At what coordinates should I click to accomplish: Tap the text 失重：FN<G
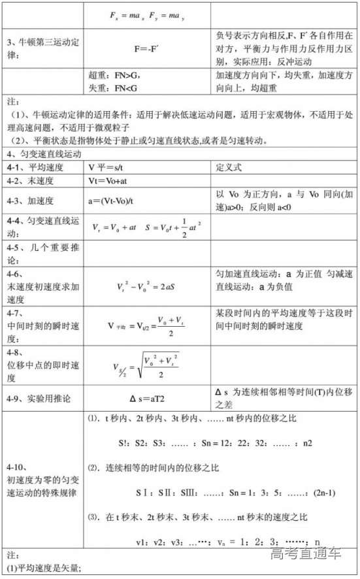113,86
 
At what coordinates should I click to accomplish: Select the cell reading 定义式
229,167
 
